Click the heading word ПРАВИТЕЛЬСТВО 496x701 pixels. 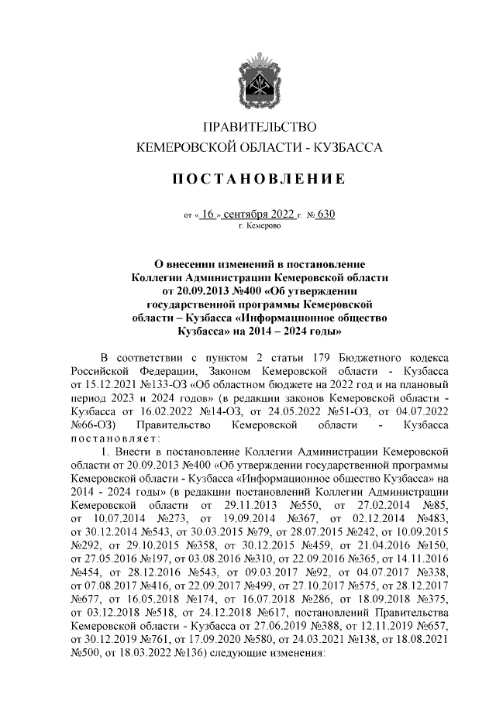coord(260,127)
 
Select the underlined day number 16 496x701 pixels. coord(206,215)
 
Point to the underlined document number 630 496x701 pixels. coord(325,215)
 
